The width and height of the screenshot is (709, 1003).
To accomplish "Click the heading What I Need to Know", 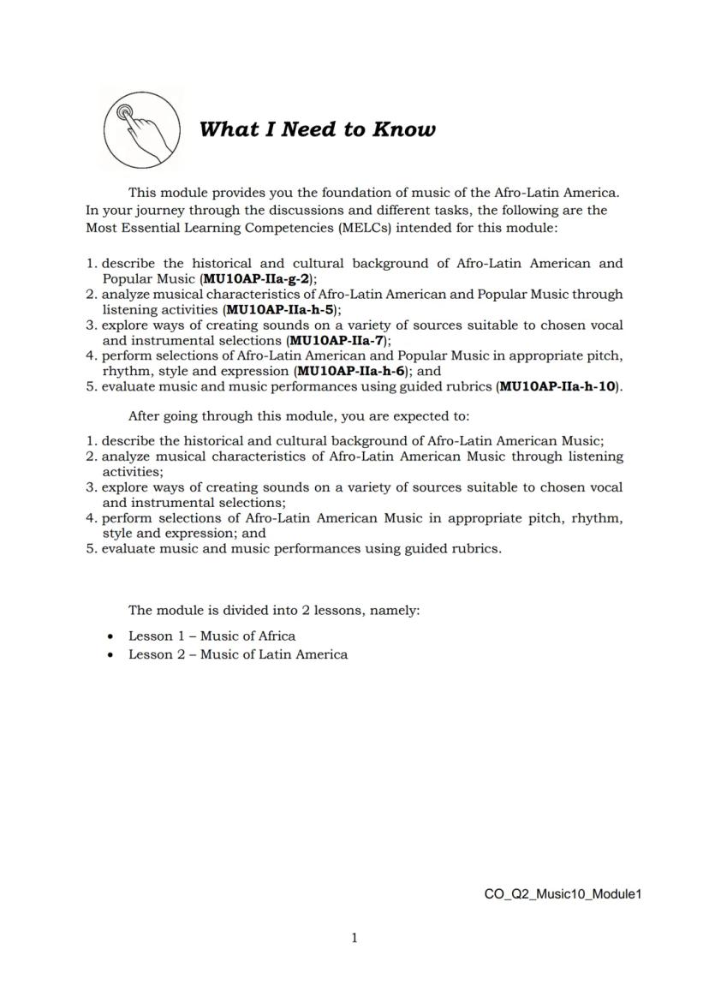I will (x=317, y=129).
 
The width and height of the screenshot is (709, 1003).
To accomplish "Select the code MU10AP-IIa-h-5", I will (x=279, y=309).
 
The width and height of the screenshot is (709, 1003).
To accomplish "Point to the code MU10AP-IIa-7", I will (x=338, y=340).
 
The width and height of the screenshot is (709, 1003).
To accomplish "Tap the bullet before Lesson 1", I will (x=110, y=636).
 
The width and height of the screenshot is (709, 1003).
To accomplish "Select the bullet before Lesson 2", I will (x=110, y=655).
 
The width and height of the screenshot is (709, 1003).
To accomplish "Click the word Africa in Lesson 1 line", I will (x=277, y=636).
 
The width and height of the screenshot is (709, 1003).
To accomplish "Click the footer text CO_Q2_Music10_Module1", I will (x=563, y=894).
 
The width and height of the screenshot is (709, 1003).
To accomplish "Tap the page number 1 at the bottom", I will (x=354, y=938).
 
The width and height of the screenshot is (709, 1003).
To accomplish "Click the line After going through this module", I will (x=298, y=416).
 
